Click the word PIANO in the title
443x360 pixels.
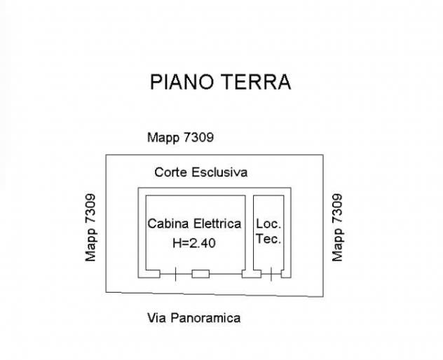click(x=182, y=82)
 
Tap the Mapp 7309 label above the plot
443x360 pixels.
click(x=180, y=138)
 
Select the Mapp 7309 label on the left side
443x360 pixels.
click(x=90, y=228)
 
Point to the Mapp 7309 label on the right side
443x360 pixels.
click(x=337, y=228)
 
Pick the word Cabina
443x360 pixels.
click(x=168, y=223)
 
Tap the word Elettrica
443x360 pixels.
click(x=217, y=223)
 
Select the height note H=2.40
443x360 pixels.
click(x=194, y=243)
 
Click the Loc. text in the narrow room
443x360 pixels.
click(x=268, y=224)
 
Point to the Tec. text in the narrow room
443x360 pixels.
click(x=268, y=239)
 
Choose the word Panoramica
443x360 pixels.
click(x=205, y=318)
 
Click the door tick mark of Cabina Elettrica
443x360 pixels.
click(x=175, y=274)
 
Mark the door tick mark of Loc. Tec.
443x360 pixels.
click(x=271, y=274)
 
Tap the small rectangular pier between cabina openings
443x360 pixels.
click(x=200, y=274)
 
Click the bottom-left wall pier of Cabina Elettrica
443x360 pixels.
click(x=149, y=274)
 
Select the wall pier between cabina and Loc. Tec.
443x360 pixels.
click(x=252, y=274)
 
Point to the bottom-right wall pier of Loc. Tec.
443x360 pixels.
click(x=286, y=274)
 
